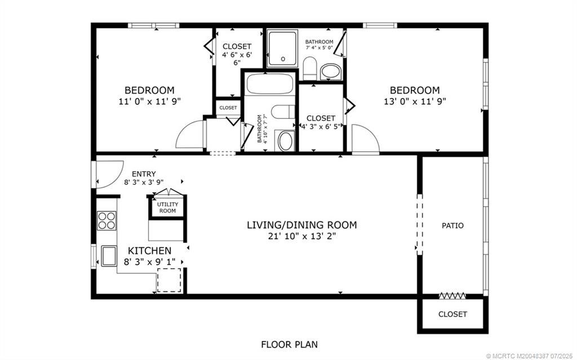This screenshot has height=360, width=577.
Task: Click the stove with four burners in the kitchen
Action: tap(106, 220)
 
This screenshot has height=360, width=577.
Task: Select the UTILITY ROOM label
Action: tap(167, 207)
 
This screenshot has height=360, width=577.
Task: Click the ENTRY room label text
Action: tap(144, 174)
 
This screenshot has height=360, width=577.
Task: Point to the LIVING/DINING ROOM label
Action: tap(301, 225)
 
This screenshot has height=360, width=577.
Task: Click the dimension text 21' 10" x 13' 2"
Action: tap(301, 237)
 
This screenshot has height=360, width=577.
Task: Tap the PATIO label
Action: tap(452, 225)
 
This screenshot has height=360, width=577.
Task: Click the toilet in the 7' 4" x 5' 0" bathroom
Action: tap(309, 68)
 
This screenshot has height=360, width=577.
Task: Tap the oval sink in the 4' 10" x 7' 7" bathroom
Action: tap(286, 141)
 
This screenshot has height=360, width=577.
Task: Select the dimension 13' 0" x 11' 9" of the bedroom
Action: tap(415, 102)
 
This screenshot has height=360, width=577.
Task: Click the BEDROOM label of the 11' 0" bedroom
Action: tap(149, 90)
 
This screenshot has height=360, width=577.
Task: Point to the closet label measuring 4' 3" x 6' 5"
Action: tap(321, 118)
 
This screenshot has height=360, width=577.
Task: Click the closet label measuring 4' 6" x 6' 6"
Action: tap(237, 46)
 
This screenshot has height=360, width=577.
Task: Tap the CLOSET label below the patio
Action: tap(452, 314)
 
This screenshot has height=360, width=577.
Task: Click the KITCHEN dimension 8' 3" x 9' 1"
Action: tap(149, 261)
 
